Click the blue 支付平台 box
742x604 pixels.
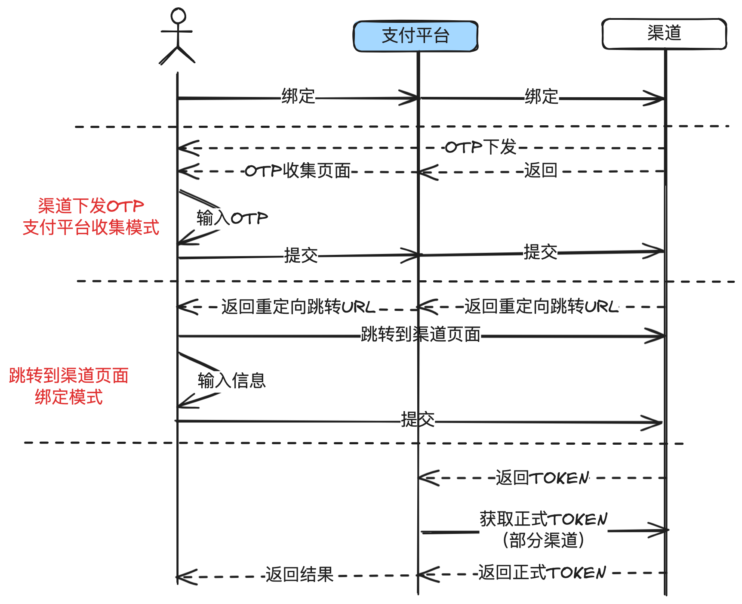pyautogui.click(x=416, y=36)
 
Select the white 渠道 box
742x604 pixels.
pyautogui.click(x=664, y=34)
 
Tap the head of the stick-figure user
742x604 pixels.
pyautogui.click(x=178, y=16)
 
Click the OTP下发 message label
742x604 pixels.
pyautogui.click(x=480, y=147)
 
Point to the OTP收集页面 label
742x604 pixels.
pyautogui.click(x=298, y=171)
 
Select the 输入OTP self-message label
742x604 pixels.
pyautogui.click(x=232, y=218)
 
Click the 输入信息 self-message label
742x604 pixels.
pyautogui.click(x=231, y=381)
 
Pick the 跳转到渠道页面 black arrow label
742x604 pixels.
pyautogui.click(x=420, y=334)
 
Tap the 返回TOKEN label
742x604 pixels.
pyautogui.click(x=542, y=478)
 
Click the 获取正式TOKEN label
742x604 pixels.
pyautogui.click(x=543, y=519)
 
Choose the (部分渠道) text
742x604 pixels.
pyautogui.click(x=543, y=540)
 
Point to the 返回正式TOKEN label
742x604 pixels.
pyautogui.click(x=542, y=573)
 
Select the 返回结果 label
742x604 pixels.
pyautogui.click(x=299, y=575)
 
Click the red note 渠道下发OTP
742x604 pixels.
pyautogui.click(x=91, y=206)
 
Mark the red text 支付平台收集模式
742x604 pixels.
pyautogui.click(x=91, y=227)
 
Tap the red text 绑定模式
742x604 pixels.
pyautogui.click(x=69, y=397)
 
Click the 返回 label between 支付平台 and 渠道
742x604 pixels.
pyautogui.click(x=541, y=170)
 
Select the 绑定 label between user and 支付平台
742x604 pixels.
pyautogui.click(x=298, y=96)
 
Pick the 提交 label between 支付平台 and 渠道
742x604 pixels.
pyautogui.click(x=540, y=252)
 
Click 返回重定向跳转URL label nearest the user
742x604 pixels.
pyautogui.click(x=298, y=307)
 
